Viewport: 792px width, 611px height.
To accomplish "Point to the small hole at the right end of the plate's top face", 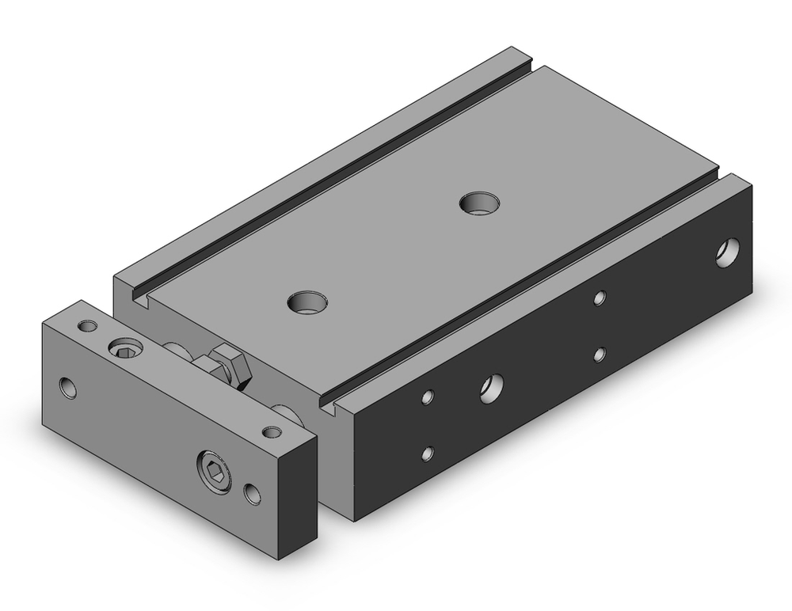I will coord(272,431).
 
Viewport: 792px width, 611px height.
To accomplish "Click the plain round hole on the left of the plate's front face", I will coord(70,388).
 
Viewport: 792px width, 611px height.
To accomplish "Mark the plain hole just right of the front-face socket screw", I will coord(253,494).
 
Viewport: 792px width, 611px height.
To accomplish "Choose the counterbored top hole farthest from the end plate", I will coord(478,203).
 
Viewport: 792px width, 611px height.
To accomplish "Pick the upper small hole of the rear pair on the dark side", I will coord(600,298).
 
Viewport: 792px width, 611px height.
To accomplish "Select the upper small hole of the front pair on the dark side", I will coord(428,396).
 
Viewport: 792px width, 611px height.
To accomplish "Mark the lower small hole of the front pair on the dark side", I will coord(428,454).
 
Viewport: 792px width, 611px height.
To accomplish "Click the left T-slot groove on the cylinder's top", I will coord(333,174).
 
